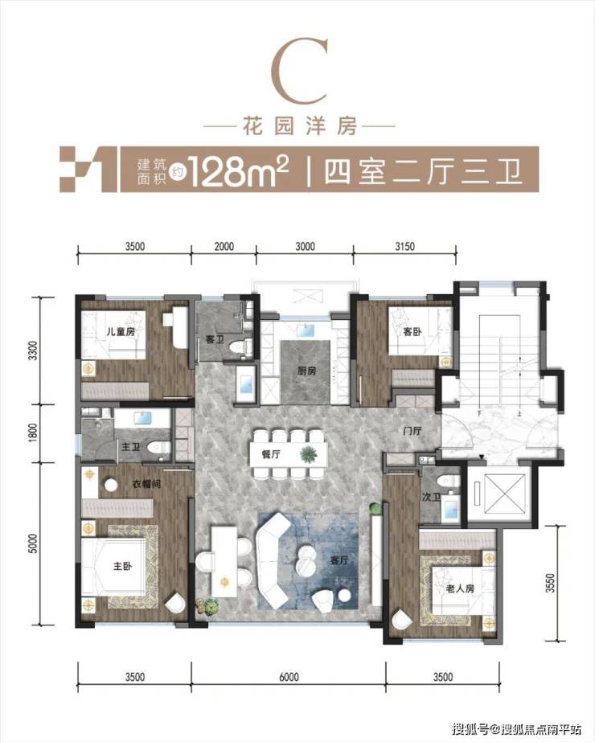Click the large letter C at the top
[x=298, y=72]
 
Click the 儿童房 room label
[x=121, y=331]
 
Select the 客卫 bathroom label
[x=215, y=340]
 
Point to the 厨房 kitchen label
[x=306, y=371]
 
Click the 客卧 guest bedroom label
[x=412, y=332]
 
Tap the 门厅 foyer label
[x=412, y=431]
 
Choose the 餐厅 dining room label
[x=271, y=454]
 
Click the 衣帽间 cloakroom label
[x=146, y=484]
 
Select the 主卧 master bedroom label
[x=122, y=565]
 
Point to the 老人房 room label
[x=460, y=588]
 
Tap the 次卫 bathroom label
[x=431, y=497]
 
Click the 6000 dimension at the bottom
[x=289, y=677]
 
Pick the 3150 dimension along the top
[x=404, y=246]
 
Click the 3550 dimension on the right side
[x=550, y=584]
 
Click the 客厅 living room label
[x=339, y=560]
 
